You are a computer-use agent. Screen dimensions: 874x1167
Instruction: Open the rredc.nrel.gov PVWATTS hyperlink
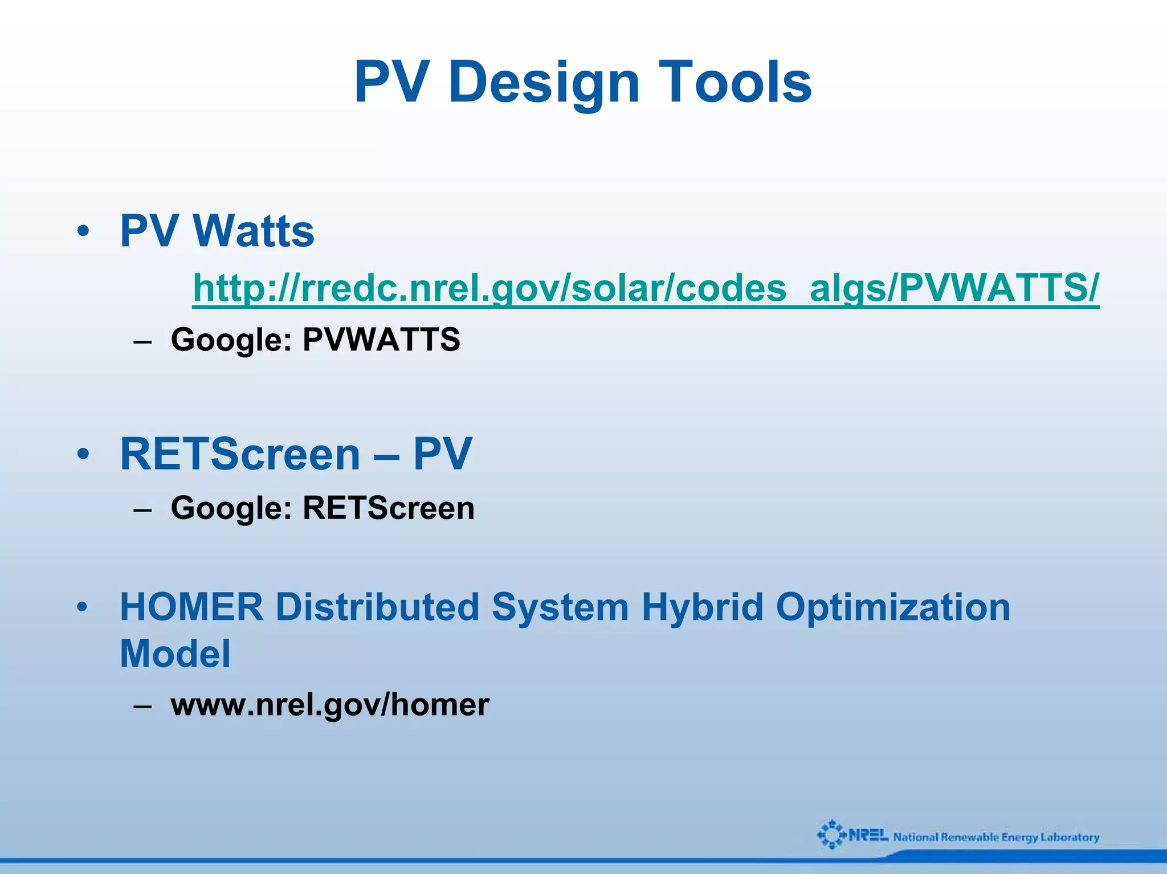(646, 288)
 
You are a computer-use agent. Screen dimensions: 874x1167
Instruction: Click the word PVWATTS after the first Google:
(381, 340)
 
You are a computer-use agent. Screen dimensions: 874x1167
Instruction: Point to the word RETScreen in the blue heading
(240, 454)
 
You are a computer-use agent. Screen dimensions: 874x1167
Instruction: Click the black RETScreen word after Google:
(388, 508)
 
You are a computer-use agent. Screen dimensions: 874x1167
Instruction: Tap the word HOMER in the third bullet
(191, 607)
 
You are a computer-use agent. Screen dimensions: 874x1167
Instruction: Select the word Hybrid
(702, 607)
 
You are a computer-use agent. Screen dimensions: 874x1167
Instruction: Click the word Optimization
(893, 607)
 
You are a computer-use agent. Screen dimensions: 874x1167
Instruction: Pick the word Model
(175, 654)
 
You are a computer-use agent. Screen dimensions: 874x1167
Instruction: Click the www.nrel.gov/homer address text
(329, 705)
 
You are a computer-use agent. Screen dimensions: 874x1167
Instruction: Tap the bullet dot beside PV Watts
(83, 231)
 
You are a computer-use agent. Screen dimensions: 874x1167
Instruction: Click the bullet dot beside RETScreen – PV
(83, 455)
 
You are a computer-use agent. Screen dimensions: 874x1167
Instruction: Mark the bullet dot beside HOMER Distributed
(83, 607)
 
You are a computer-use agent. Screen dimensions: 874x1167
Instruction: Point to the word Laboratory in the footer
(1070, 837)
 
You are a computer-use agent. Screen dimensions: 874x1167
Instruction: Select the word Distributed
(377, 607)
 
